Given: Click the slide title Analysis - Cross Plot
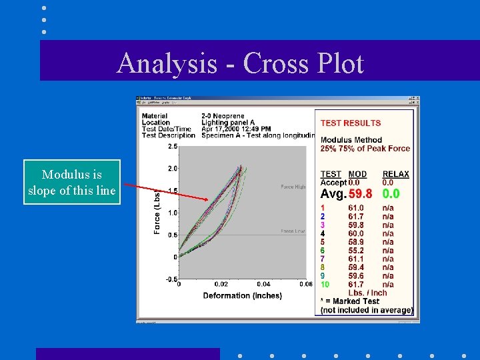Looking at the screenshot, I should [x=240, y=63].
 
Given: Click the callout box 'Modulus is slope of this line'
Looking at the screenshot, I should [x=72, y=183].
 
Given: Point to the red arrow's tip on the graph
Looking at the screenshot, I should [x=208, y=199].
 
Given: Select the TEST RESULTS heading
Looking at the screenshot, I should [x=351, y=123].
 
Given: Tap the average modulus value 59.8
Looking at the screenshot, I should [x=360, y=194].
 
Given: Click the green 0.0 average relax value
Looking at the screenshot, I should [x=391, y=194].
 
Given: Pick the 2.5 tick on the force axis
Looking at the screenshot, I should [x=173, y=146].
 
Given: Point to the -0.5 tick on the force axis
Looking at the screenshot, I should [x=171, y=279].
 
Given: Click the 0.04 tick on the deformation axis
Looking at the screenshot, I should [x=263, y=285].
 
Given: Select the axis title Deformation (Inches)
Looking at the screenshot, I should [x=242, y=295].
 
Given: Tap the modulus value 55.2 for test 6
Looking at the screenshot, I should [x=356, y=250].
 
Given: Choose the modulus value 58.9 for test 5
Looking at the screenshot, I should [x=356, y=242].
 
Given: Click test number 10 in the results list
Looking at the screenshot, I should [x=325, y=284].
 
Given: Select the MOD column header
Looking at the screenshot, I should [x=357, y=174].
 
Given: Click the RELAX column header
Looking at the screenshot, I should [x=396, y=174].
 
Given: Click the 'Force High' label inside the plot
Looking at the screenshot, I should [x=293, y=187].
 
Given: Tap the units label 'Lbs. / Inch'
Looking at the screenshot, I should [x=367, y=293].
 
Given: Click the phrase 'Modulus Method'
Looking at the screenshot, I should [x=351, y=140].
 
